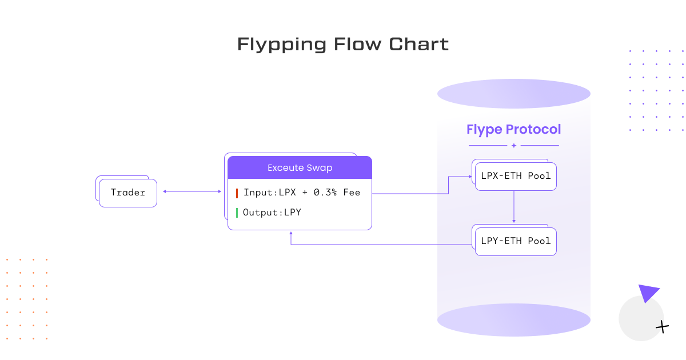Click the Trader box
click(x=127, y=193)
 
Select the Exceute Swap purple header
click(x=300, y=168)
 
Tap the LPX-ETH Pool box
click(x=516, y=176)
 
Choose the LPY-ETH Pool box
click(x=516, y=241)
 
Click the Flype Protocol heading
click(x=513, y=129)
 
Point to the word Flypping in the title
click(x=282, y=44)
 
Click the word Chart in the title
click(x=424, y=44)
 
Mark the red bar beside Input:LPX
click(x=237, y=193)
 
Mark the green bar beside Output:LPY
click(x=237, y=213)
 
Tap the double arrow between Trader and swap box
click(x=192, y=192)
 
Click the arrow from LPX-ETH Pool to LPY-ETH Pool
click(x=514, y=207)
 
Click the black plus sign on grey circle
click(x=662, y=327)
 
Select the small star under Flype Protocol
click(x=513, y=146)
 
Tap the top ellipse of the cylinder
click(x=513, y=94)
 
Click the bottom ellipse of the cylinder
click(x=513, y=319)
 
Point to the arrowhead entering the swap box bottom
click(x=291, y=233)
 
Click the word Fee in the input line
click(x=352, y=193)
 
